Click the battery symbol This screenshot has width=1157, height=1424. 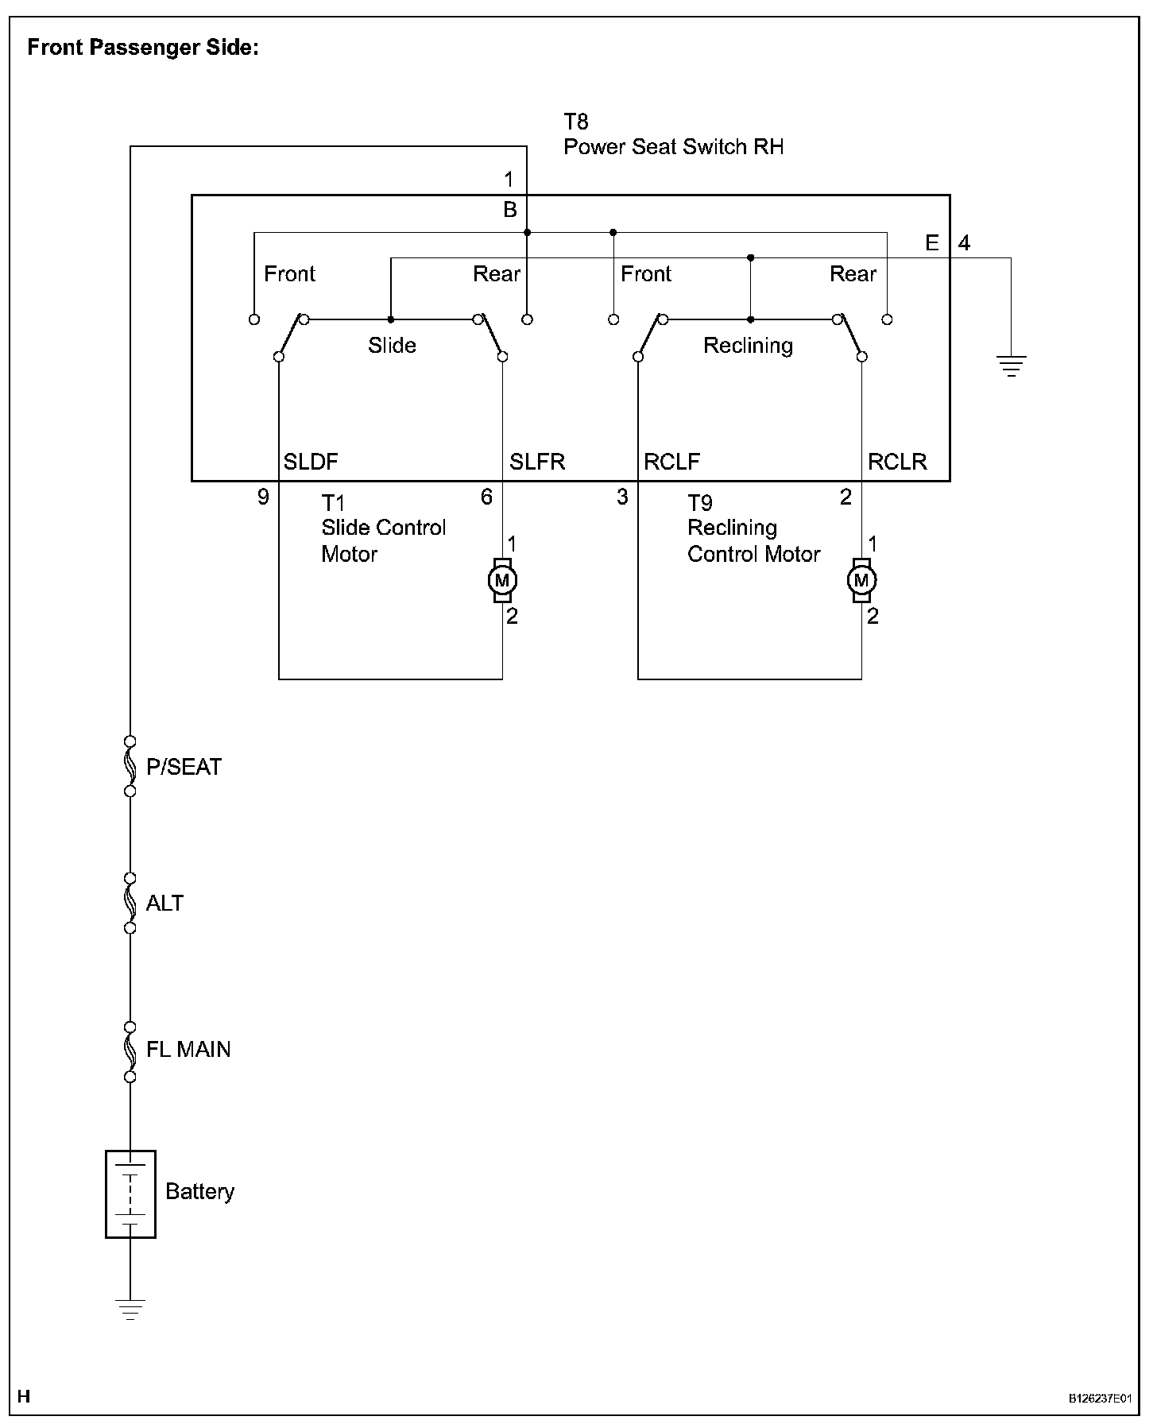130,1194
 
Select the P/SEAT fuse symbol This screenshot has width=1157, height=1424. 130,766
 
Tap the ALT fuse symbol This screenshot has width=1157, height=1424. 130,903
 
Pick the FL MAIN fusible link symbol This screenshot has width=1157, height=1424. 130,1051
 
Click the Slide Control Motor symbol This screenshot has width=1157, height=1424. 502,580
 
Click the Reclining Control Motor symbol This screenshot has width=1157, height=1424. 861,580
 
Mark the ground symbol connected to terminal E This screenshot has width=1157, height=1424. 1011,366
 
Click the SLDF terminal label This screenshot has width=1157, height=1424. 311,462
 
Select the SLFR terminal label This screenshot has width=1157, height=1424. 537,462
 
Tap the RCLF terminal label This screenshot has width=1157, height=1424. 671,462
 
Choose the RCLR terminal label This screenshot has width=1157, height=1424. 897,462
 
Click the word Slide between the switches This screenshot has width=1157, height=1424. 392,346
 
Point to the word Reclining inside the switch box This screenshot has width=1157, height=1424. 748,346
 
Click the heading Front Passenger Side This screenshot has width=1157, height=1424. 143,48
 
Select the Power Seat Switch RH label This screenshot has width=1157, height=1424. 673,147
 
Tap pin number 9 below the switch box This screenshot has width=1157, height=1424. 263,497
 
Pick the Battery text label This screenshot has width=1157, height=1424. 199,1191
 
